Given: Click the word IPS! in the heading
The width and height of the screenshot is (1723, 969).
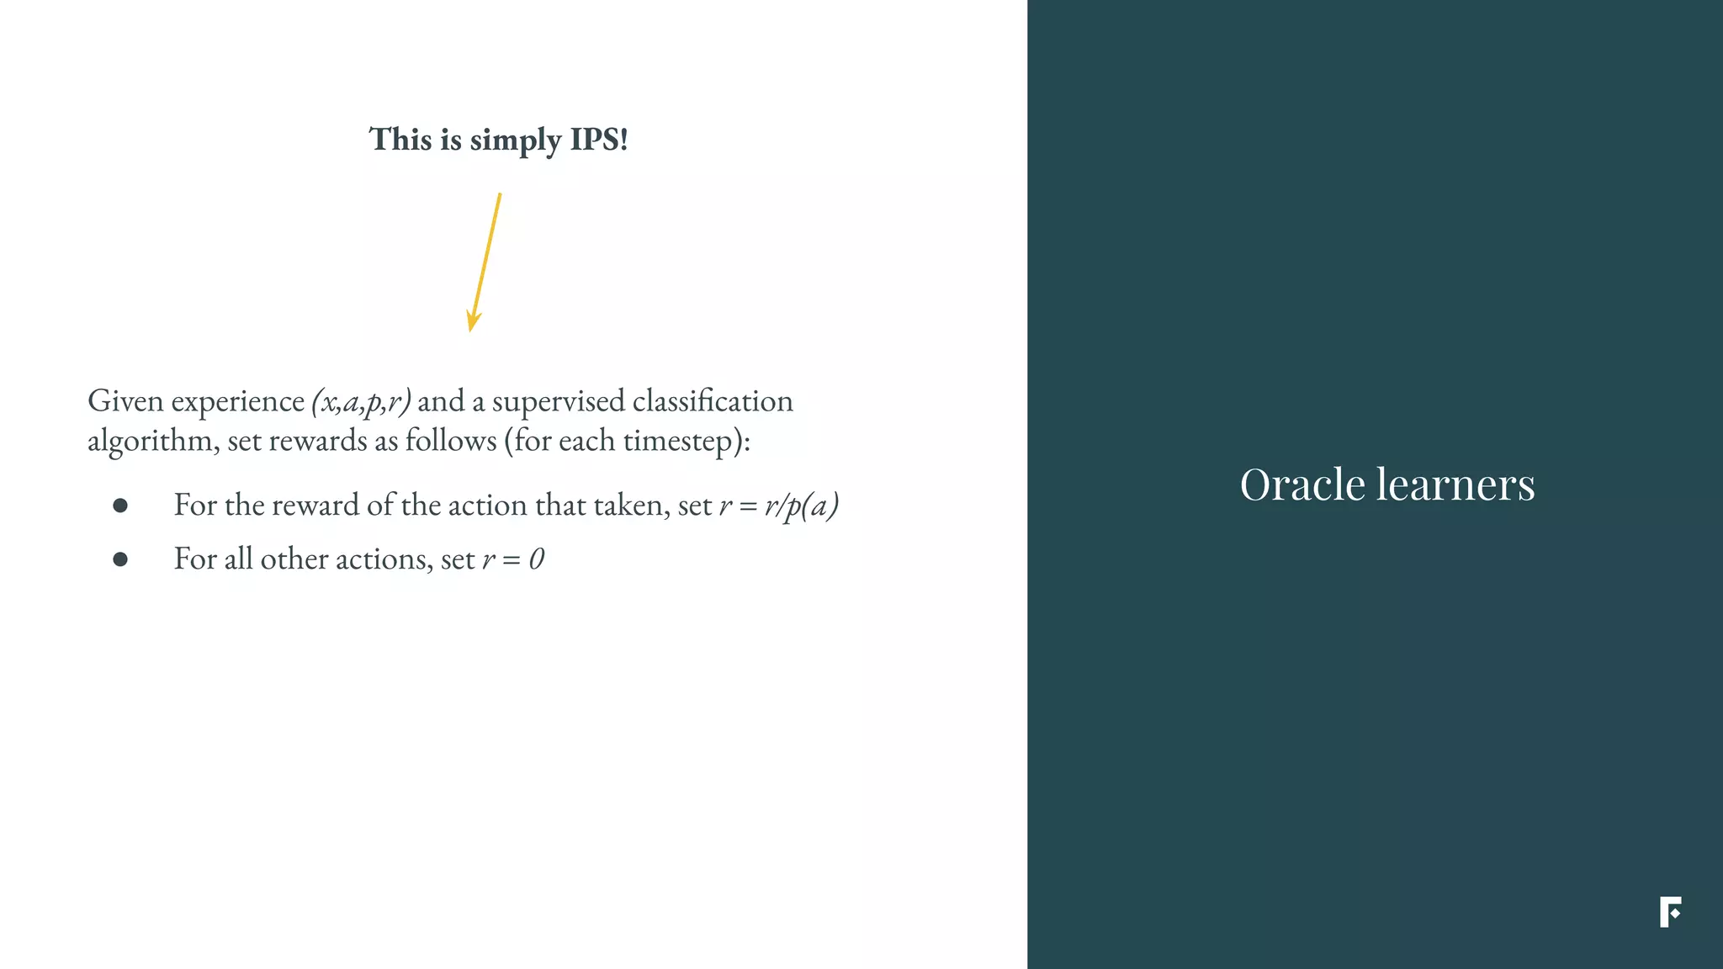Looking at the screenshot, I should tap(599, 140).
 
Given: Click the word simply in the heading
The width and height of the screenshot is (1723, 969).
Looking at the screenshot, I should tap(515, 141).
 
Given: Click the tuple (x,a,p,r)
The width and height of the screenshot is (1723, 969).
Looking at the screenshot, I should tap(361, 402).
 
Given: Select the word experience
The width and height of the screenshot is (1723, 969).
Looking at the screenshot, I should tap(238, 402).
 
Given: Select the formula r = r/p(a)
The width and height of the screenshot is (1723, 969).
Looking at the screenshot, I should tap(779, 506).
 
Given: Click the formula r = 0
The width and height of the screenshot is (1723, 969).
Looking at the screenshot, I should tap(513, 559).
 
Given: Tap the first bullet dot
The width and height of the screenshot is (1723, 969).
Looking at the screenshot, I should tap(120, 506).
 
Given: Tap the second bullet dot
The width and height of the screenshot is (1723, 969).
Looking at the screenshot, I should tap(120, 559).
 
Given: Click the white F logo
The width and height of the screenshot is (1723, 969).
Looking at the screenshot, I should tap(1670, 913).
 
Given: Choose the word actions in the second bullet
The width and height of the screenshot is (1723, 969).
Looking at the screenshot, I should tap(384, 559).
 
